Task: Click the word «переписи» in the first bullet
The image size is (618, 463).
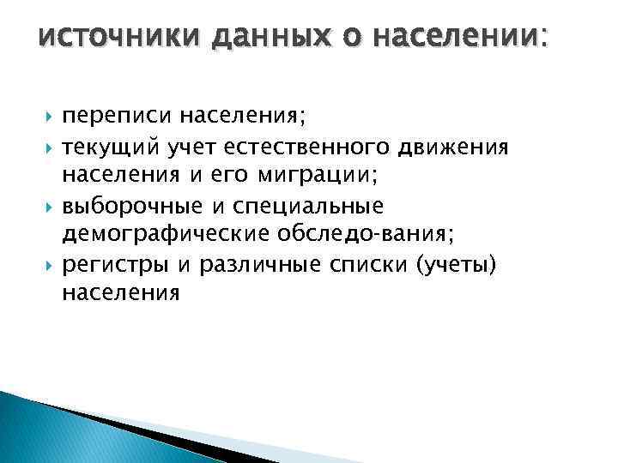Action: pyautogui.click(x=108, y=116)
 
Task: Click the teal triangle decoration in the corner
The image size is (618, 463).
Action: pyautogui.click(x=51, y=429)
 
